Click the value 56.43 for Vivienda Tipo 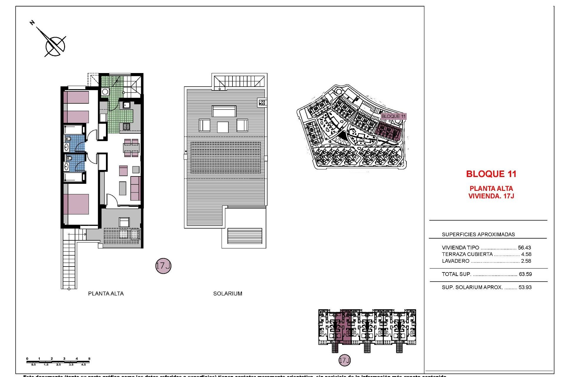(524, 248)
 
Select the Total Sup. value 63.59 (525, 274)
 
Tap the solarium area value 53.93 (525, 287)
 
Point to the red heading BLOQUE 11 (491, 174)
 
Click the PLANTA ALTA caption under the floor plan (106, 294)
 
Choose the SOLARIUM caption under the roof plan (227, 294)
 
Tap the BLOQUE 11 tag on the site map (393, 116)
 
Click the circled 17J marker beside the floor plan (163, 266)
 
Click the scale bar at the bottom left (58, 362)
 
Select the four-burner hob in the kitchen (127, 127)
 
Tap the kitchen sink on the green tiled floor (127, 105)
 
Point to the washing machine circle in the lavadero (105, 92)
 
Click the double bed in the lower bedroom (76, 204)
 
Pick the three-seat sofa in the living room (135, 188)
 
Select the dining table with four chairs (131, 148)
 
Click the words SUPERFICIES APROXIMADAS (478, 234)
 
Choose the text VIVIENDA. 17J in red (491, 196)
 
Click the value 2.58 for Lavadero (526, 261)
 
